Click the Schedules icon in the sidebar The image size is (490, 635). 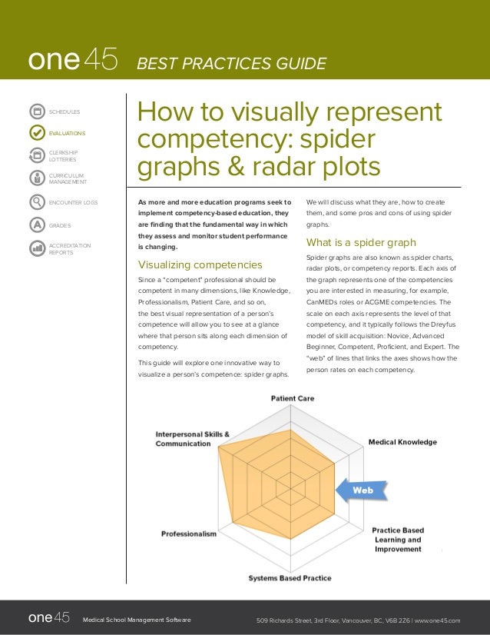click(36, 112)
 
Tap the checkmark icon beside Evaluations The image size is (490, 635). click(36, 132)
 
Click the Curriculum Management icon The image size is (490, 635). click(36, 178)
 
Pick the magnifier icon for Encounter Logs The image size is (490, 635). click(36, 202)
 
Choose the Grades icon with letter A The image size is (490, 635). click(36, 225)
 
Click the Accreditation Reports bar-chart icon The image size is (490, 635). click(36, 248)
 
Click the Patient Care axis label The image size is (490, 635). click(292, 398)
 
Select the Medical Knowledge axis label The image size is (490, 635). click(402, 442)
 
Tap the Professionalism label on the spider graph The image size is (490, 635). click(189, 534)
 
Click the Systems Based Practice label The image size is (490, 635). click(290, 577)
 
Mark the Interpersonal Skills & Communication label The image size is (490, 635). click(193, 438)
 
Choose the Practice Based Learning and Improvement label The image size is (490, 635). click(398, 540)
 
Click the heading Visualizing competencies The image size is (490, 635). click(199, 265)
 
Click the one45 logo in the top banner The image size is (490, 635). click(73, 62)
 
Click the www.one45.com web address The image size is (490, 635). click(437, 620)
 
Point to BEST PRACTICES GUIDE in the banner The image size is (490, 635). click(231, 63)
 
